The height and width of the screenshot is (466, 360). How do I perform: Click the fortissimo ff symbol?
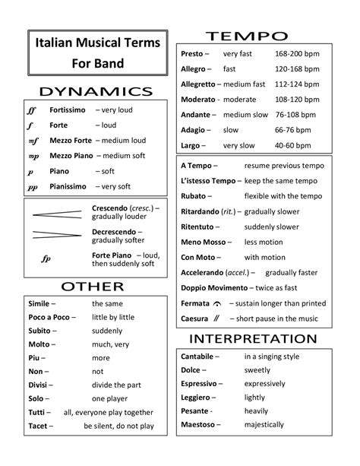[x=31, y=111]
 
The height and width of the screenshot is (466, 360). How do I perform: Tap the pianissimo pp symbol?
[x=32, y=186]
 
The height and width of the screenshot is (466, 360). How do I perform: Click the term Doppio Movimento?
[x=213, y=288]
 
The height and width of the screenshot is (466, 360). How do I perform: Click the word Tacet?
[x=39, y=426]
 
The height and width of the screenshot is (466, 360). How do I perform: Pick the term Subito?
[x=40, y=331]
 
